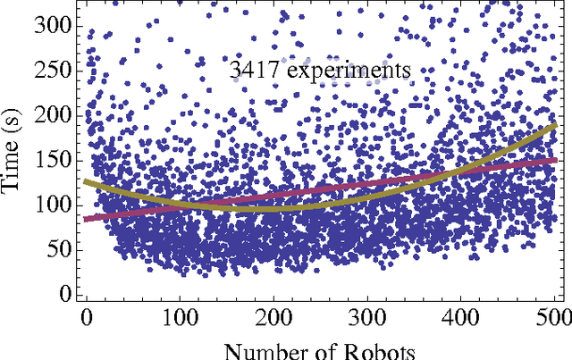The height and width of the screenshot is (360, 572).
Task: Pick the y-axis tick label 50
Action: [x=55, y=248]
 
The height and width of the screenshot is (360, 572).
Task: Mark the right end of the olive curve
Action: [x=555, y=126]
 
